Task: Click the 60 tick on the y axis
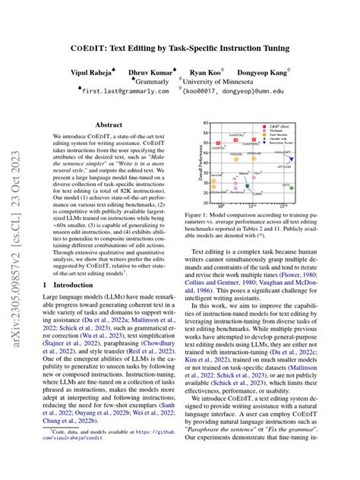[x=207, y=122]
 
